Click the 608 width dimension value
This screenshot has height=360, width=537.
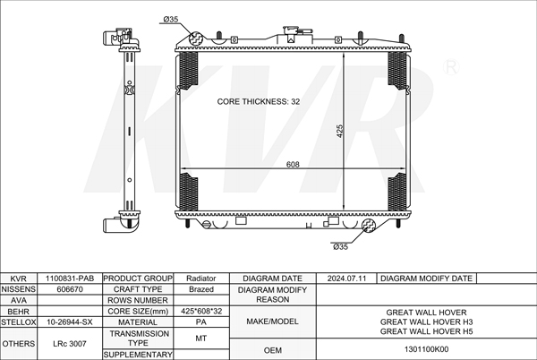[293, 165]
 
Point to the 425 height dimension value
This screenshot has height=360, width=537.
[340, 131]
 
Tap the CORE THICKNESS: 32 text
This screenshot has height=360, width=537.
[259, 101]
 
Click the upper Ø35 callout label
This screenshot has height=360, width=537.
[171, 19]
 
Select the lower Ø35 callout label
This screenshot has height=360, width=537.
[340, 246]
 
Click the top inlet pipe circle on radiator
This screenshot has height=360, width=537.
[196, 39]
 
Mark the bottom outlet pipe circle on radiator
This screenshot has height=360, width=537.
[369, 226]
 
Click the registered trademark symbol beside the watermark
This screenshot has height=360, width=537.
[451, 67]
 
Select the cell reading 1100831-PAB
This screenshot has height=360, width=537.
[70, 279]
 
